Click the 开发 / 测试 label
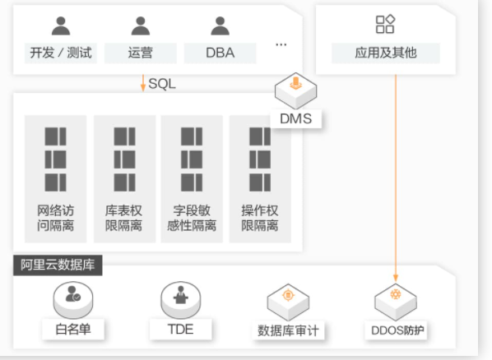tap(61, 53)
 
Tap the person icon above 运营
tap(140, 25)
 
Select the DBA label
tap(220, 53)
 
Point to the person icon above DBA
tap(220, 25)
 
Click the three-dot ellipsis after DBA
tap(281, 44)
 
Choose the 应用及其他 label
tap(386, 53)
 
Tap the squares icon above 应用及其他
tap(385, 24)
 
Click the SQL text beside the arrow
tap(162, 84)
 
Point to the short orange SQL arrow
tap(143, 83)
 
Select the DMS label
tap(296, 119)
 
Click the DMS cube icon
tap(295, 90)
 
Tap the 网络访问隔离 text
tap(56, 218)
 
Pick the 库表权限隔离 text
tap(123, 218)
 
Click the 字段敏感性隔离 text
tap(192, 218)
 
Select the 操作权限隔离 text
tap(260, 218)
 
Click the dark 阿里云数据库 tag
tap(58, 265)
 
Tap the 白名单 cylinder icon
tap(73, 300)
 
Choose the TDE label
tap(180, 330)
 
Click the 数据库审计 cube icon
tap(288, 302)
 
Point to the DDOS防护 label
tap(397, 330)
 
